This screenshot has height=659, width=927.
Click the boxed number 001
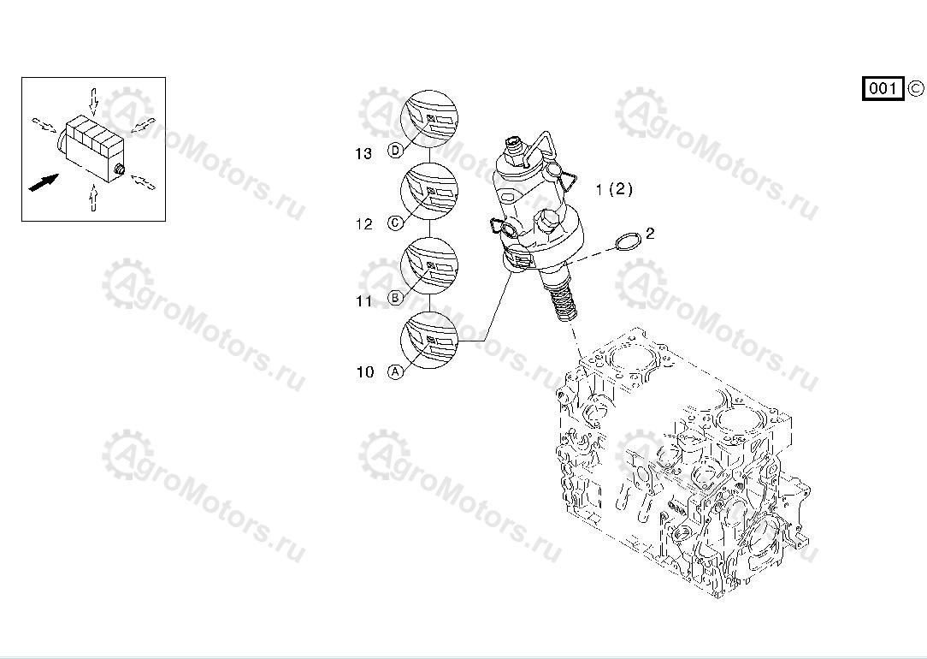point(883,89)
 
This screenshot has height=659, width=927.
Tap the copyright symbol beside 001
point(915,89)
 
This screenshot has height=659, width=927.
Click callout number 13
point(363,154)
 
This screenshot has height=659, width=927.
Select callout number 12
point(364,224)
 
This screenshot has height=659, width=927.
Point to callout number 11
point(364,301)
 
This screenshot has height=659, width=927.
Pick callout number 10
point(365,372)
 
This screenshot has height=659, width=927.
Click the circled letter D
point(395,151)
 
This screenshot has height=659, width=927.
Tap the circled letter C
point(395,223)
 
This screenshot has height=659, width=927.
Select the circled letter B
point(395,298)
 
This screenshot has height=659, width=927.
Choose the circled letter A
point(395,371)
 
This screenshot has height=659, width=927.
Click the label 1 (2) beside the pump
point(614,189)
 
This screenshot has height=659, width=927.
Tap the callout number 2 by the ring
point(650,233)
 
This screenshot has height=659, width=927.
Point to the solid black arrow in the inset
point(44,182)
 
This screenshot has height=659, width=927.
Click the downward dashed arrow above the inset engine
point(93,101)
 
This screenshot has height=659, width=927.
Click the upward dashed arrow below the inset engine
point(93,197)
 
